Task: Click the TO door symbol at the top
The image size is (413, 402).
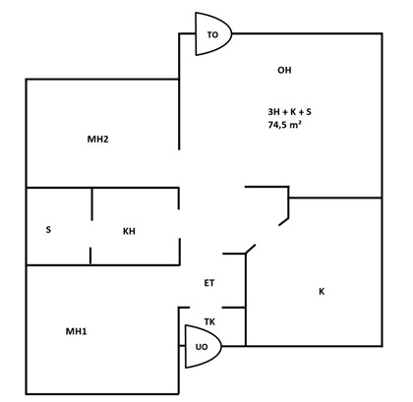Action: (213, 33)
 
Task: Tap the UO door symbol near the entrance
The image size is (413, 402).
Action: (203, 346)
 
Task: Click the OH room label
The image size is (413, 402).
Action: (284, 70)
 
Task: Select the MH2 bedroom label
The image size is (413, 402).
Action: (97, 140)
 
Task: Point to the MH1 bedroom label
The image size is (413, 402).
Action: (77, 331)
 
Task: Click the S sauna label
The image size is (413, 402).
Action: (48, 229)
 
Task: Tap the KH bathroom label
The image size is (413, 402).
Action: (129, 231)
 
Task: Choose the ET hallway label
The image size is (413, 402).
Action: (209, 283)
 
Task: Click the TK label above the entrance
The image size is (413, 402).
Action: (209, 322)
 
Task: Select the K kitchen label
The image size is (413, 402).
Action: (322, 291)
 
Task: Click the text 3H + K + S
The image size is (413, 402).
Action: (289, 112)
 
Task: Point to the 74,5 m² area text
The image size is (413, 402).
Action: (285, 125)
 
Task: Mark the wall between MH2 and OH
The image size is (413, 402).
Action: (179, 114)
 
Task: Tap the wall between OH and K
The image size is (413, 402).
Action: (335, 198)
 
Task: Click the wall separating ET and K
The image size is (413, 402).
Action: (246, 300)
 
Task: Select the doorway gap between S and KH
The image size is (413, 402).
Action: (91, 234)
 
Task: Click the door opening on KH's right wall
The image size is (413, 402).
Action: (179, 224)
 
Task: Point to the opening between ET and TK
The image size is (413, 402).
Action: (206, 308)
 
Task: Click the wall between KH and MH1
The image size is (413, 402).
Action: (103, 264)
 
